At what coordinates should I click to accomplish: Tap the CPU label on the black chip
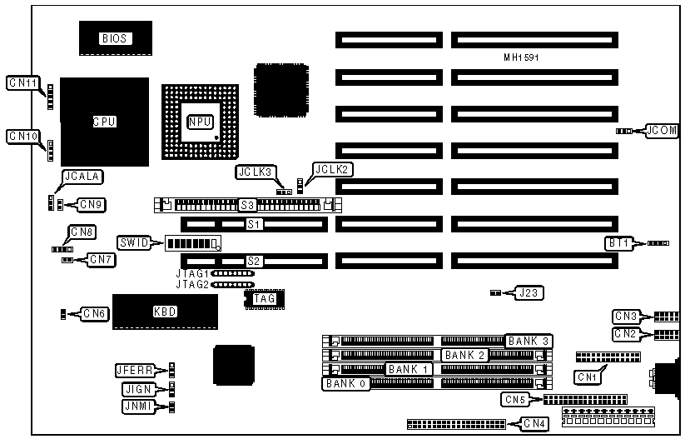104,122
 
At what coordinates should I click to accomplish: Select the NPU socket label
201,122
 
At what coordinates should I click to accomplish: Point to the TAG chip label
264,298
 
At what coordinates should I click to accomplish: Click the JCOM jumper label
663,131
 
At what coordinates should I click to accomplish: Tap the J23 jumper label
529,292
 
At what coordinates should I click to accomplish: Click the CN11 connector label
22,82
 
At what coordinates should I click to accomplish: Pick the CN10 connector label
22,136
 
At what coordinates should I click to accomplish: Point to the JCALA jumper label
81,176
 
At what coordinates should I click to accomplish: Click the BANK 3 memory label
528,341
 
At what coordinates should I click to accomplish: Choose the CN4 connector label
534,424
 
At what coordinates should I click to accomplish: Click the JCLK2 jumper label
333,169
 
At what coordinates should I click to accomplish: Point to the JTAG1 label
191,272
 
